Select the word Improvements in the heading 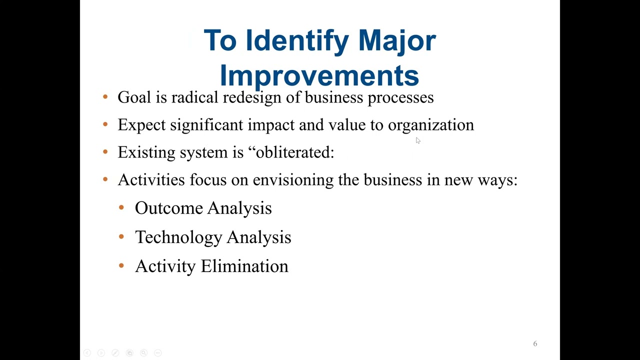pyautogui.click(x=319, y=75)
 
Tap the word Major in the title pyautogui.click(x=397, y=40)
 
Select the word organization pyautogui.click(x=430, y=125)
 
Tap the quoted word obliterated pyautogui.click(x=292, y=152)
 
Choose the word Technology pyautogui.click(x=178, y=237)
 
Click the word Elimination pyautogui.click(x=244, y=266)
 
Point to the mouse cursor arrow pyautogui.click(x=418, y=141)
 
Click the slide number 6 pyautogui.click(x=535, y=344)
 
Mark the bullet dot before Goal pyautogui.click(x=105, y=97)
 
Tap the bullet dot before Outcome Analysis pyautogui.click(x=121, y=207)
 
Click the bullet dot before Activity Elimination pyautogui.click(x=121, y=265)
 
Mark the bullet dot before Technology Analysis pyautogui.click(x=121, y=236)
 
